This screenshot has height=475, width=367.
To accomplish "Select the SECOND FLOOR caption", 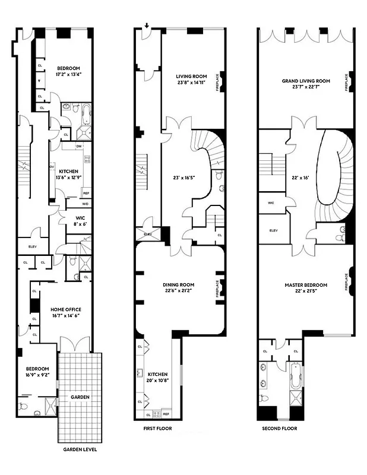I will (280, 428).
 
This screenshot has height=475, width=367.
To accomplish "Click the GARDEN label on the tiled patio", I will (80, 397).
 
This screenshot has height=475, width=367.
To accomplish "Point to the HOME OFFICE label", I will (66, 309).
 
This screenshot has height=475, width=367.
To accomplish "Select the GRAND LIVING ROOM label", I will (306, 81).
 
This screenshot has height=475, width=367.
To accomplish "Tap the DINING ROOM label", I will (179, 285).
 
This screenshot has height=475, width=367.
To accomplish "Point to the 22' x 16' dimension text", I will (300, 177).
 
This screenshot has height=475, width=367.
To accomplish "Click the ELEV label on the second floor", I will (274, 230).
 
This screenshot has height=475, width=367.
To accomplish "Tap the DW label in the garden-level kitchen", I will (78, 146).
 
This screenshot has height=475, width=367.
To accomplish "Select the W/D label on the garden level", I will (86, 203).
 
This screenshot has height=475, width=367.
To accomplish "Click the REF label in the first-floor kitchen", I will (166, 414).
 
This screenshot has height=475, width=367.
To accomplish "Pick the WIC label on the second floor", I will (271, 203).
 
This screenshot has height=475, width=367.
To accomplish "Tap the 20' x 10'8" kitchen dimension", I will (158, 379).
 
